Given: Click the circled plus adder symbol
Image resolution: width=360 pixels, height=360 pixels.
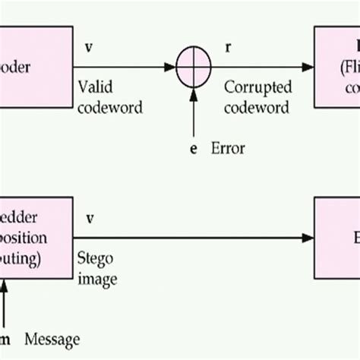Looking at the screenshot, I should coord(193,68).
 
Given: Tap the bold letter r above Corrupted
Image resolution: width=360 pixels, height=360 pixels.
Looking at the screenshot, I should coord(229,47).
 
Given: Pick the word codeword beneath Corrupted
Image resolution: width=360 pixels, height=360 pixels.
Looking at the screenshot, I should coord(257,107).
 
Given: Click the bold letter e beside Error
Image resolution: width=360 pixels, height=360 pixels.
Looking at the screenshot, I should coord(194,149).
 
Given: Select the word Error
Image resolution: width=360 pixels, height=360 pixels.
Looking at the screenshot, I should coord(227,149).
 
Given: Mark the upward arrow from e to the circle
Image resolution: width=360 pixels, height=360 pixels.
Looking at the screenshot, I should coord(193,114).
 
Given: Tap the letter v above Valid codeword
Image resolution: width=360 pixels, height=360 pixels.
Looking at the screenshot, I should coord(90,47).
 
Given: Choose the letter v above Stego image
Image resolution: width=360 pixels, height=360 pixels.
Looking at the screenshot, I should coord(90,219).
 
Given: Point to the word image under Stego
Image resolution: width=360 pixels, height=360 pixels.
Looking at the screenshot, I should coord(98,279).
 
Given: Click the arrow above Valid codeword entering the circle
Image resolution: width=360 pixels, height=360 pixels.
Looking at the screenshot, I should coord(125,68).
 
